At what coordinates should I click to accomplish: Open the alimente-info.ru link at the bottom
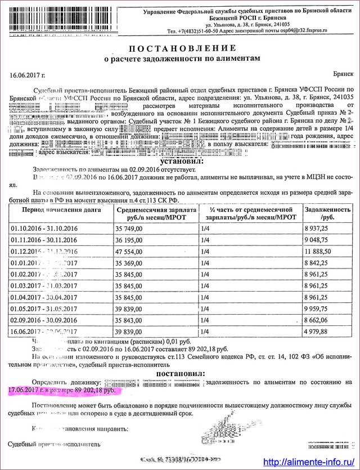[x=304, y=462]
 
